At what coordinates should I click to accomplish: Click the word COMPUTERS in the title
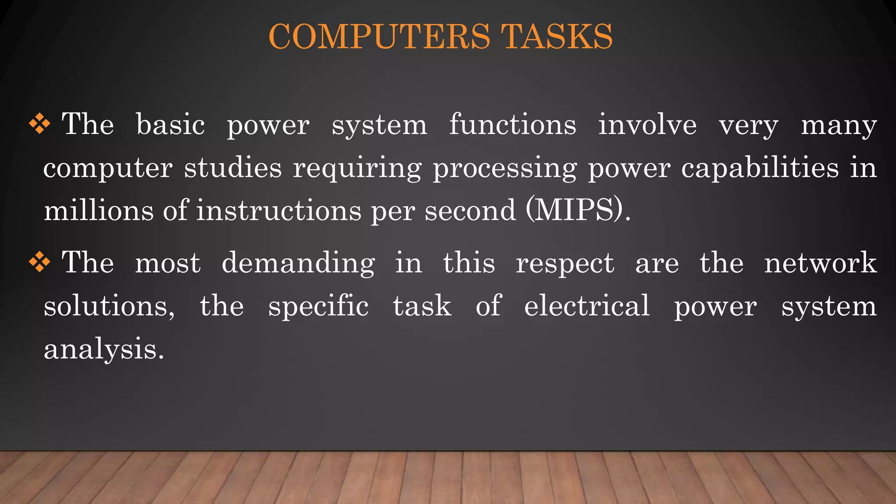click(x=379, y=36)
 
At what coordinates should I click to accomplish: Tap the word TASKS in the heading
click(x=556, y=36)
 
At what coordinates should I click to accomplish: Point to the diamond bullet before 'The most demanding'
click(x=39, y=262)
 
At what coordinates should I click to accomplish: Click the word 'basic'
click(x=170, y=125)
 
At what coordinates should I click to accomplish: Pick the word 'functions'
click(x=513, y=125)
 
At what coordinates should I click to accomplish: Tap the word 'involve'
click(x=647, y=125)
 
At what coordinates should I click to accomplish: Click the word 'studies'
click(x=233, y=168)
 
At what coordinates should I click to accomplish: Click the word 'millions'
click(x=98, y=210)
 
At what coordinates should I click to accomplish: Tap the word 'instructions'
click(x=279, y=210)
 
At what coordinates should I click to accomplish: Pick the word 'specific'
click(x=318, y=306)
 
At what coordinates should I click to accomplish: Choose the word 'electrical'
click(x=587, y=306)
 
